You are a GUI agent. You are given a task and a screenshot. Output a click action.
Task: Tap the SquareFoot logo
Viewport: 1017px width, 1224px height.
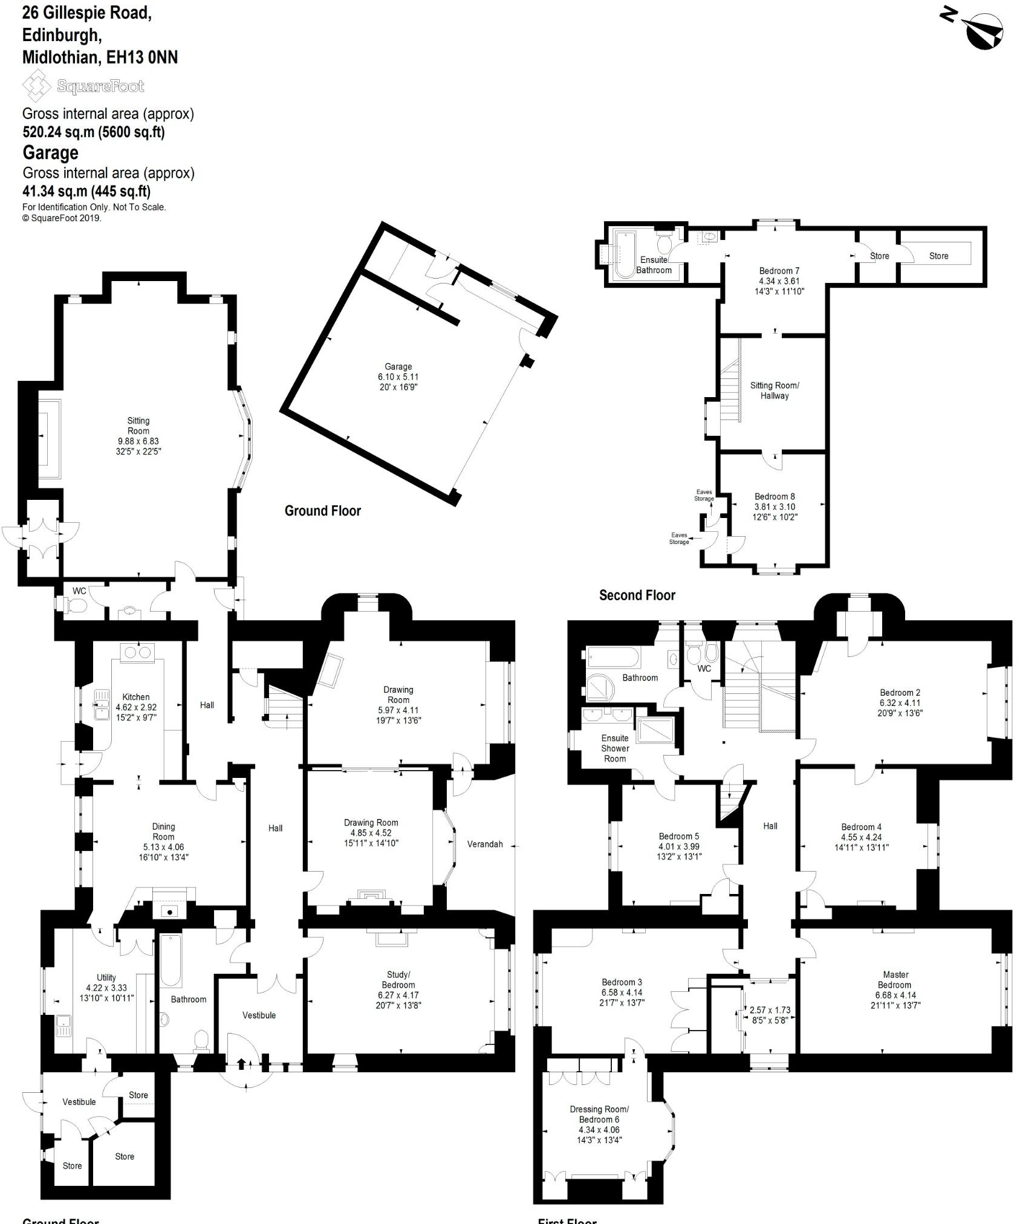(x=83, y=86)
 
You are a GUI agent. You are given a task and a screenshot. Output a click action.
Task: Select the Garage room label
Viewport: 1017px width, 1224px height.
(x=398, y=377)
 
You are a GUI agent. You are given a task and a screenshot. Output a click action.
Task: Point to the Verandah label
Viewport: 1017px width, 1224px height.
(x=485, y=844)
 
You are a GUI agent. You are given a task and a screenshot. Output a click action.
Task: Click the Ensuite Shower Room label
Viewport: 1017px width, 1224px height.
(x=615, y=748)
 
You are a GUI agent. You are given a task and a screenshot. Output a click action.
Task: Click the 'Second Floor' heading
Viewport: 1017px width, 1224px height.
(x=637, y=595)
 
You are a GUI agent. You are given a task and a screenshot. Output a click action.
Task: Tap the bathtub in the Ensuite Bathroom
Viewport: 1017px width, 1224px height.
(x=623, y=254)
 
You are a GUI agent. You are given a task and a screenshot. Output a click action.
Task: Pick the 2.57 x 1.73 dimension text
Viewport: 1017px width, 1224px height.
(x=770, y=1010)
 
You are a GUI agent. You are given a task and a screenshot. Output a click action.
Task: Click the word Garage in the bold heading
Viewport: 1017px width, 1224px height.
(x=51, y=152)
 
